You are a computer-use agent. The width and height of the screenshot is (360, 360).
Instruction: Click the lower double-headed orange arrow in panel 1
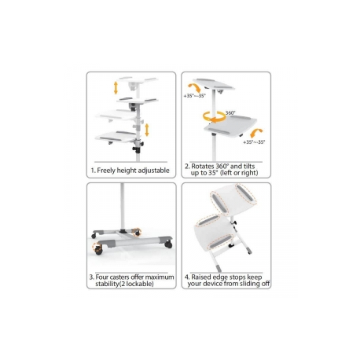click(146, 130)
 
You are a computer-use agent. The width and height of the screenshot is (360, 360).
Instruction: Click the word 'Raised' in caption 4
click(202, 276)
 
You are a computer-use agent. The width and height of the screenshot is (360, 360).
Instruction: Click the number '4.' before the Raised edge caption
click(187, 276)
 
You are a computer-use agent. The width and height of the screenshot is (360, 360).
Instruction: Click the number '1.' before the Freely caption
click(94, 169)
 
